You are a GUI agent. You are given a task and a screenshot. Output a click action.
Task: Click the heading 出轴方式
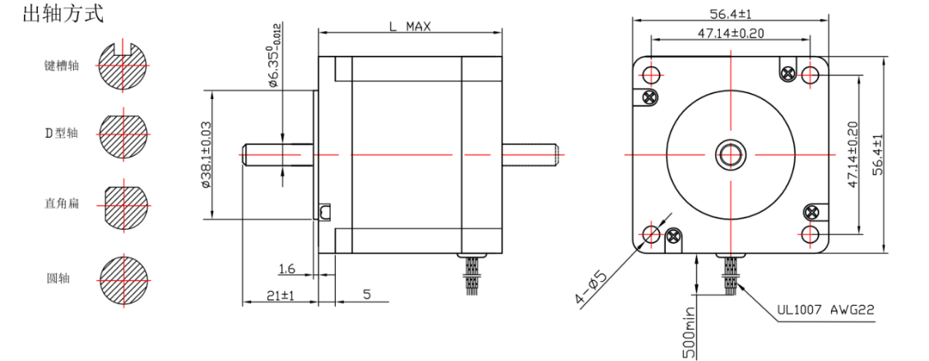coord(63,14)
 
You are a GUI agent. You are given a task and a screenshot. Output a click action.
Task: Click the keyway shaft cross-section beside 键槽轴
coord(123,65)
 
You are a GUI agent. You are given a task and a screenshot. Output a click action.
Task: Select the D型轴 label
coord(62,133)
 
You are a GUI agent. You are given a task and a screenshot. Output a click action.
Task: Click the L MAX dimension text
coord(410,26)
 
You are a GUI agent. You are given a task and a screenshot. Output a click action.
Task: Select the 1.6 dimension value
coord(286,270)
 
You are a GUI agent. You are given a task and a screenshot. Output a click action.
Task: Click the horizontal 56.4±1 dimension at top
coord(730,13)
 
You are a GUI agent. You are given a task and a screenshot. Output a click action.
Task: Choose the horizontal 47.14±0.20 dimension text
coord(730,33)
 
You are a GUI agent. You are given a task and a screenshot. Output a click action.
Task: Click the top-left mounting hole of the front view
coord(651,75)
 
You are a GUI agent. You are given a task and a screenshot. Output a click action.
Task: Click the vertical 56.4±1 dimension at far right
coord(877,154)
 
